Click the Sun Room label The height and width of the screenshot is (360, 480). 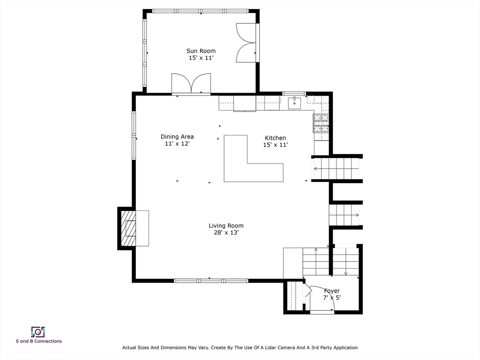pos(201,51)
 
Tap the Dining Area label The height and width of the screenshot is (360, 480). pos(177,136)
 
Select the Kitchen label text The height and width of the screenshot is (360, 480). pos(275,138)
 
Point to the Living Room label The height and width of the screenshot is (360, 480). pos(226,225)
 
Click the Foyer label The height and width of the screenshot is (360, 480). pos(332,291)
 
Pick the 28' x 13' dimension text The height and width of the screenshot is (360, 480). pos(226,232)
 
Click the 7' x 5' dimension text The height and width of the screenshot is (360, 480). pos(332,298)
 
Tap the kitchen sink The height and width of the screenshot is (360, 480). pos(294,103)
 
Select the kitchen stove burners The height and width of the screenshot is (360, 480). pos(321,123)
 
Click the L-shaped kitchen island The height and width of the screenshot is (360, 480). pos(236,172)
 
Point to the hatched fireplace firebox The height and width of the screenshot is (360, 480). pos(128,228)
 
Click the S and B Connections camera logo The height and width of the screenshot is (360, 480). pos(38,332)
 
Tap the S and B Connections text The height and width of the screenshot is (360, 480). pos(39,341)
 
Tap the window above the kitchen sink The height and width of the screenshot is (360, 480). pos(294,93)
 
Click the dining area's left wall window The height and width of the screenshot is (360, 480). pos(134,135)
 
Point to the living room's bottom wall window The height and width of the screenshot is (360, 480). pos(211,280)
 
